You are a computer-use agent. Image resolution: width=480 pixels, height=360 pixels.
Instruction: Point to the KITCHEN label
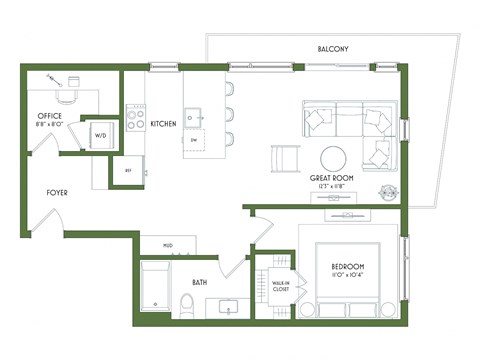tap(164, 124)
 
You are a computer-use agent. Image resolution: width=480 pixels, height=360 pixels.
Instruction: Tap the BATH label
tap(199, 282)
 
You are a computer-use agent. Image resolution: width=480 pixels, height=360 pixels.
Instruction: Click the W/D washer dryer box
tap(101, 135)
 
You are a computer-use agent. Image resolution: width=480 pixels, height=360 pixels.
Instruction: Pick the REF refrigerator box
tap(128, 171)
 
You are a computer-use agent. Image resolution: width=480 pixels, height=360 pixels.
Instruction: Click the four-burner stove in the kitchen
tap(135, 120)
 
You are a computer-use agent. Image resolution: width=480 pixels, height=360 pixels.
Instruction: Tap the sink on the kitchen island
tap(195, 113)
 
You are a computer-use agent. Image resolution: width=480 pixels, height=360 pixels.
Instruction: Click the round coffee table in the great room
tap(333, 157)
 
